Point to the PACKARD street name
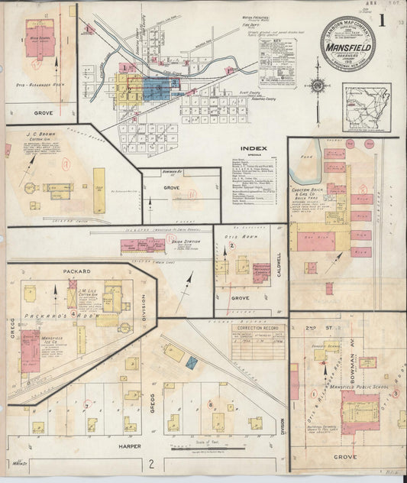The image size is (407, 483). (82, 271)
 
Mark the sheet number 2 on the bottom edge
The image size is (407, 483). (151, 463)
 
